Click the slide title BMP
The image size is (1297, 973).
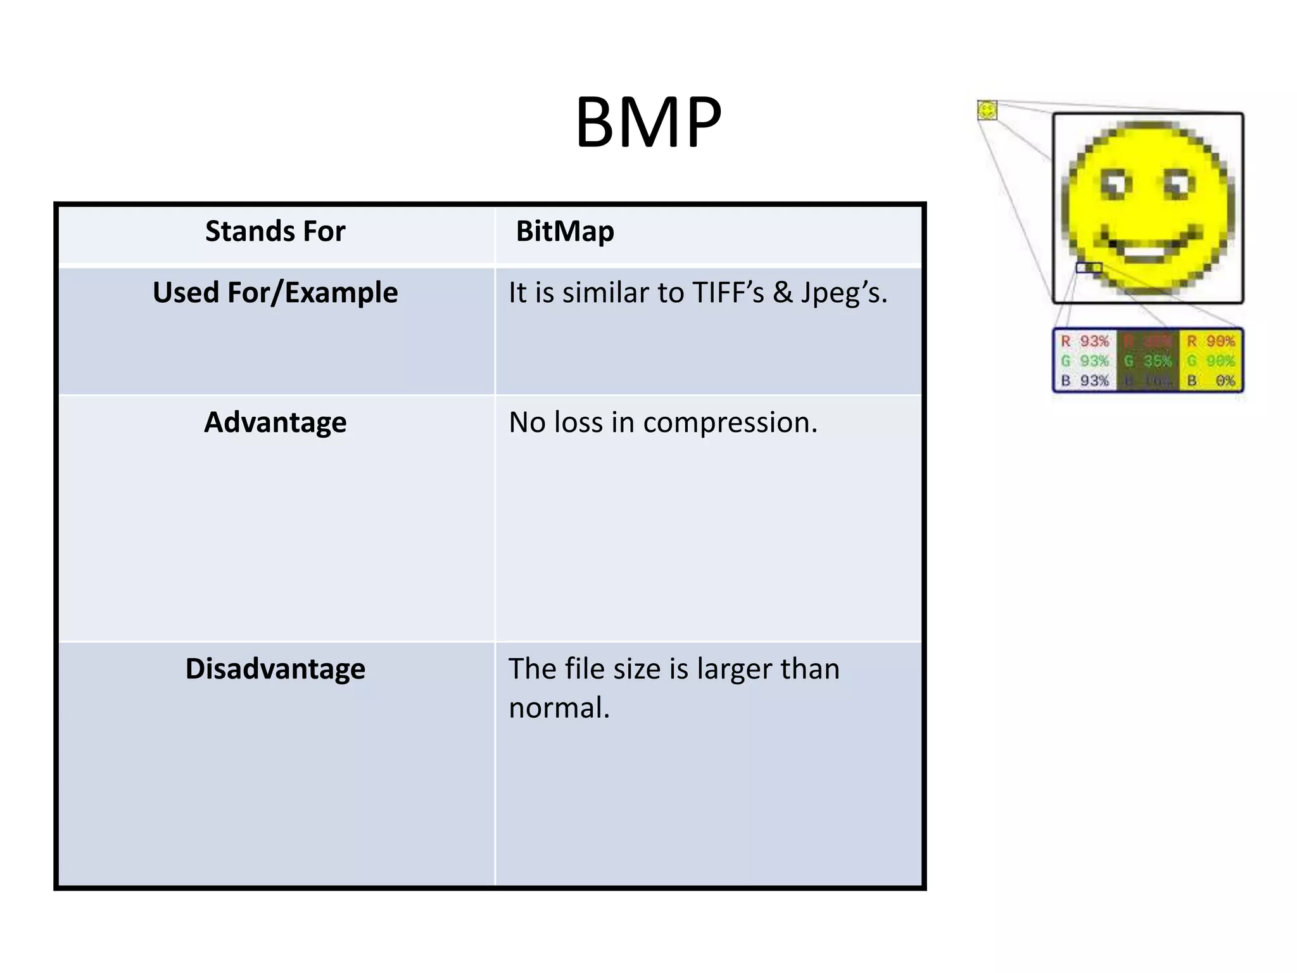648,122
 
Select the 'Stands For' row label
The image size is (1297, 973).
275,231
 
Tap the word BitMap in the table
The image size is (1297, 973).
564,231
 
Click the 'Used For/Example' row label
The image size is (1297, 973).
275,293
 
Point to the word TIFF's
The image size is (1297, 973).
728,293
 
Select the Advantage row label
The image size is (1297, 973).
275,422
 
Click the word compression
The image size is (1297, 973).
730,423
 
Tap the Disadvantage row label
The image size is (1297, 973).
275,669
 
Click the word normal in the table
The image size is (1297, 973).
558,708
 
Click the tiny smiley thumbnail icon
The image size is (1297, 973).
987,110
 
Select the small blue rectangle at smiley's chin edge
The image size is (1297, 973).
1089,267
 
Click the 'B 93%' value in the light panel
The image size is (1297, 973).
1085,381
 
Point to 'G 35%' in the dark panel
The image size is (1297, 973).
1148,361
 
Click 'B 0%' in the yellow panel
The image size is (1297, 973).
1211,381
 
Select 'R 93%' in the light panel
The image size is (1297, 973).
1085,341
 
